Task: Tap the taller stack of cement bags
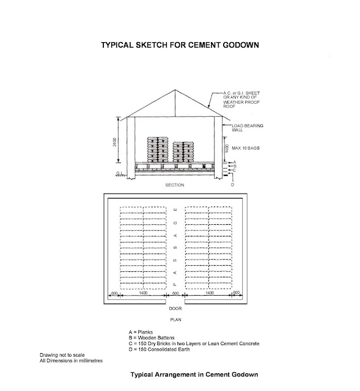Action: pos(158,150)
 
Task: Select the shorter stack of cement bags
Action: pos(186,153)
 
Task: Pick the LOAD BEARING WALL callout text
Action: pos(251,129)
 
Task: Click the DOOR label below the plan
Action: pos(175,310)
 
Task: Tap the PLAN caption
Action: pos(176,319)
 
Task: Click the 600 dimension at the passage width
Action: pos(175,294)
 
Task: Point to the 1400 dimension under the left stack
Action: pos(143,294)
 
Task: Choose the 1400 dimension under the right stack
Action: pos(209,294)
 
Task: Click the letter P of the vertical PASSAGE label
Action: pos(175,284)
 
